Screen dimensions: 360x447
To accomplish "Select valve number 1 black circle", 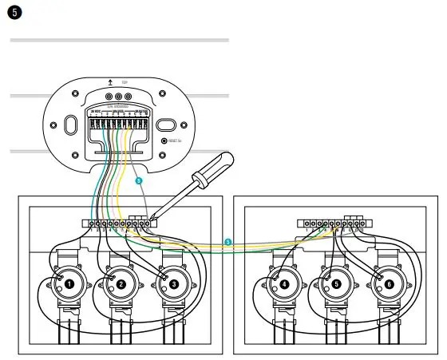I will (x=70, y=283).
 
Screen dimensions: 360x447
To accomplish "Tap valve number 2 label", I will (x=121, y=283).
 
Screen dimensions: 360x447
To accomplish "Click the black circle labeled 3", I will (x=173, y=283).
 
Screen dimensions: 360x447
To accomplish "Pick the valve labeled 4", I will (x=285, y=283).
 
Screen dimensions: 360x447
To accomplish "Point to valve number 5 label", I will (x=336, y=283).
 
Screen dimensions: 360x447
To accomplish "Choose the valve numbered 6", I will (x=388, y=283).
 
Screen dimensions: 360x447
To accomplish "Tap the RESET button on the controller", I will (x=164, y=140).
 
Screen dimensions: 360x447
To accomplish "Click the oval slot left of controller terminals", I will (x=69, y=125).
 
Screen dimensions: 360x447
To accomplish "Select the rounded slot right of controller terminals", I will (x=165, y=125).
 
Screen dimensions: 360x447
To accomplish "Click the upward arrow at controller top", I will (x=110, y=81).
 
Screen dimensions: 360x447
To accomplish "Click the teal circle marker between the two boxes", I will (x=228, y=241).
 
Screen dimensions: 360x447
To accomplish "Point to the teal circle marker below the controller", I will (x=139, y=182).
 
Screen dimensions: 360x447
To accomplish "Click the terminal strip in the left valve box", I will (x=120, y=223).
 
